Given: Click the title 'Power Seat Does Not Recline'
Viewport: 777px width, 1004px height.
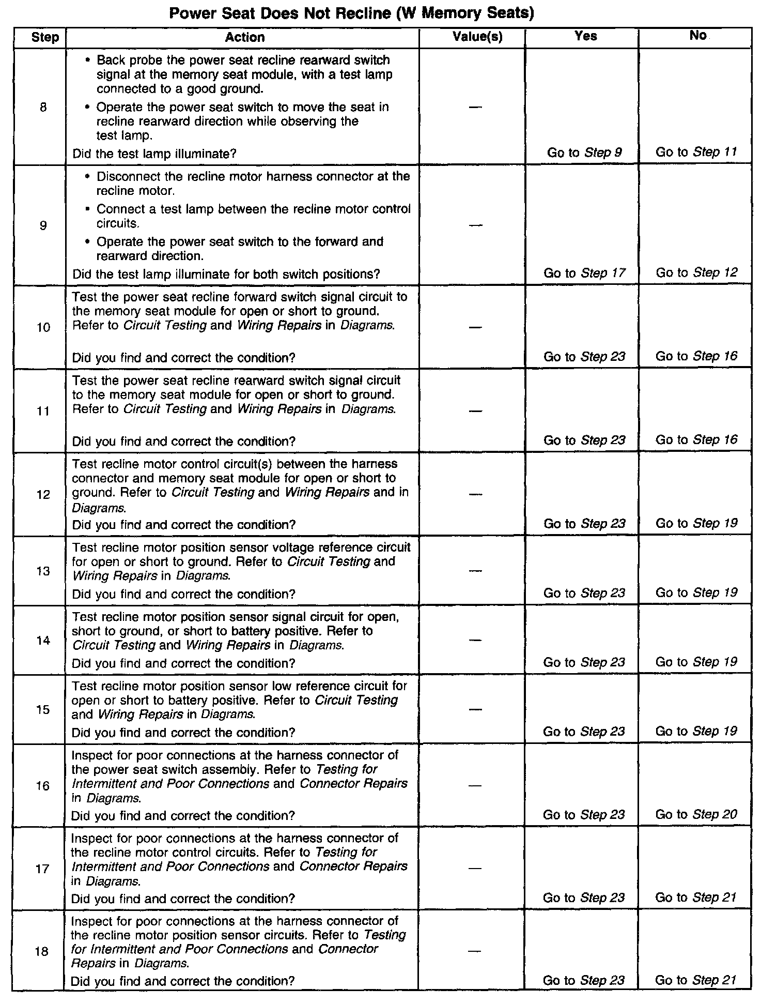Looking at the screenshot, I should point(351,12).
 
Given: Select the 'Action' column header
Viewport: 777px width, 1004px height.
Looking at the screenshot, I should point(245,37).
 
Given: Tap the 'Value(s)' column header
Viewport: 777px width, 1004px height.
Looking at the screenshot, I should point(477,37).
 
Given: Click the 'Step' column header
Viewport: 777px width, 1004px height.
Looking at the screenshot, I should point(45,38).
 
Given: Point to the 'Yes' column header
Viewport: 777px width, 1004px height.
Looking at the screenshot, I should point(586,36).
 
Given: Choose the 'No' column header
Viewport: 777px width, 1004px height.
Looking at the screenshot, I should point(697,35).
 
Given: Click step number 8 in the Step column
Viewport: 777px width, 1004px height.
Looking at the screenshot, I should point(43,108).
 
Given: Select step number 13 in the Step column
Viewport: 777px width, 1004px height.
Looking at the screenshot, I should point(43,571).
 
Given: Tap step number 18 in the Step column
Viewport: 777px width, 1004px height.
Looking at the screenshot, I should point(42,951).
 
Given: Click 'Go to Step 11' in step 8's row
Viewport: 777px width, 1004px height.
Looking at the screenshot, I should point(696,152).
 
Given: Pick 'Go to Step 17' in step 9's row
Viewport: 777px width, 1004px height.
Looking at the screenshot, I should point(584,273).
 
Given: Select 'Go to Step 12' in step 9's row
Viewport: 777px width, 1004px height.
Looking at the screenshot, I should point(696,272).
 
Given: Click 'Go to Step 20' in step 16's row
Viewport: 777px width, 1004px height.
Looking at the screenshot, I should point(696,814).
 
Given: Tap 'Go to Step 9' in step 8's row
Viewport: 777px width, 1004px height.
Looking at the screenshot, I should point(584,153).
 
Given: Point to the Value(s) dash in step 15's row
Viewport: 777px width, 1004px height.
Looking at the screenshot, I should point(475,709).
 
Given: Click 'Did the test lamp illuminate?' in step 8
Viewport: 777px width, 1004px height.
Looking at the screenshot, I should point(154,154).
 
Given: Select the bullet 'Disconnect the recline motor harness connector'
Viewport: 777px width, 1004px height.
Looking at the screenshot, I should point(253,183).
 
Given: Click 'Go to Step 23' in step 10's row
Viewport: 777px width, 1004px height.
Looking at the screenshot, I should point(584,357).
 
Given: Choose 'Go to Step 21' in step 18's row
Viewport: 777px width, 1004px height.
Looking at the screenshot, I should point(695,980).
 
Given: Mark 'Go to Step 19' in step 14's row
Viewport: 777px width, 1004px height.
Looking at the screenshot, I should point(696,662).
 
